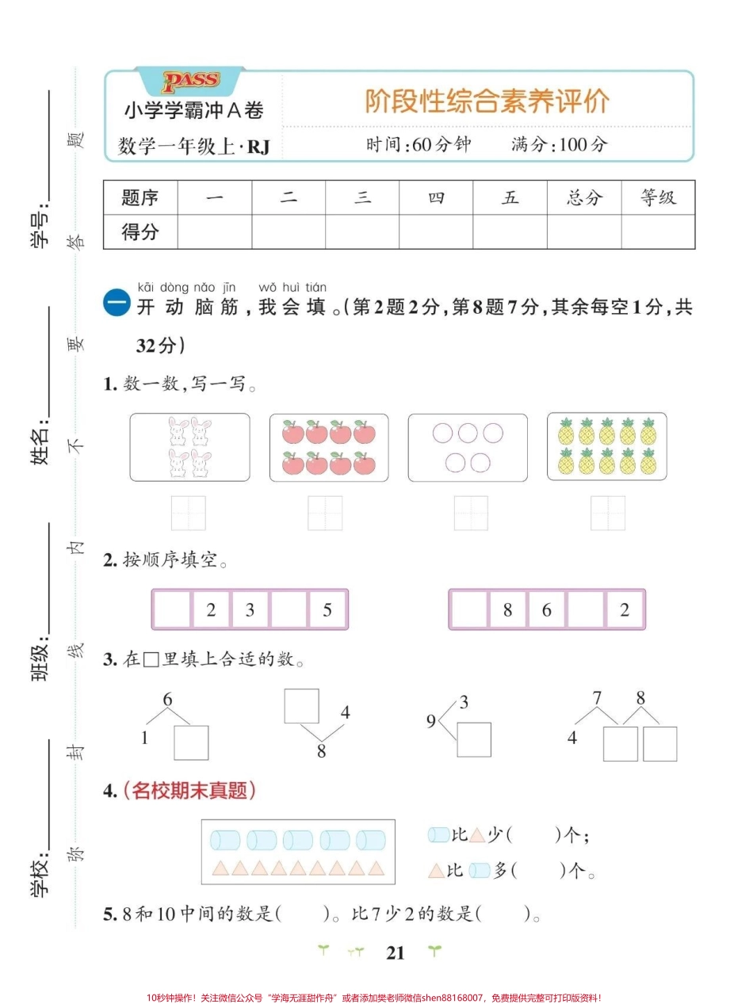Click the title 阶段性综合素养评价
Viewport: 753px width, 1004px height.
click(487, 101)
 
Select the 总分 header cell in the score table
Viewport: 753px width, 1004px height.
click(584, 197)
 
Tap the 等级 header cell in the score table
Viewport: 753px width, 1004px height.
click(658, 197)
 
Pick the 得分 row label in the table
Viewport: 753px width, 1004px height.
click(140, 231)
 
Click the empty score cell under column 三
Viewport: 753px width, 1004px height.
click(362, 231)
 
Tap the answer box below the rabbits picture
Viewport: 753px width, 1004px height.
click(189, 513)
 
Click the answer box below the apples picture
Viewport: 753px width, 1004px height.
click(325, 513)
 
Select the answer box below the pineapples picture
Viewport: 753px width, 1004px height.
click(608, 513)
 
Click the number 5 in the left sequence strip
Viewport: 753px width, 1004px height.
click(327, 609)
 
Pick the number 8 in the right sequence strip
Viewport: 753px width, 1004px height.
click(507, 609)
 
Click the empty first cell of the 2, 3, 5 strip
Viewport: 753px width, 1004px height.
click(173, 609)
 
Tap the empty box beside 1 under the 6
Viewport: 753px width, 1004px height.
click(191, 743)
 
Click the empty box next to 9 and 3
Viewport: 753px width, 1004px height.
click(474, 739)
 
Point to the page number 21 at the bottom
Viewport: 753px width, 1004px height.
click(396, 953)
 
